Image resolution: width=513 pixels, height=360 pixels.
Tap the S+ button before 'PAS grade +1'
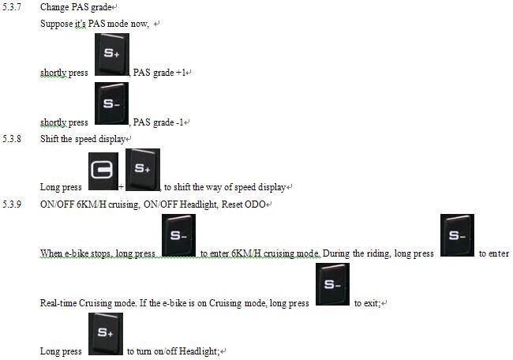111,56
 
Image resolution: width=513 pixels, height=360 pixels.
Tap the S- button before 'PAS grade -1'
111,104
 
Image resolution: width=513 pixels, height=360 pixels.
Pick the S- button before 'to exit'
332,284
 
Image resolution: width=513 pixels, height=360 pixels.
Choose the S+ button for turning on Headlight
106,334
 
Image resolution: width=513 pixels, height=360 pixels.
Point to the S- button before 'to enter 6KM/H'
178,235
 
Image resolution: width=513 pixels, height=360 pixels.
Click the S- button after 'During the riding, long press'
457,235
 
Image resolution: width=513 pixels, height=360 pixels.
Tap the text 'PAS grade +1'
160,73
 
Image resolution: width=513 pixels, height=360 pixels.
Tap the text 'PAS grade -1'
160,122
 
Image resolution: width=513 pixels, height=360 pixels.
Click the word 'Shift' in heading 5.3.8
50,138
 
